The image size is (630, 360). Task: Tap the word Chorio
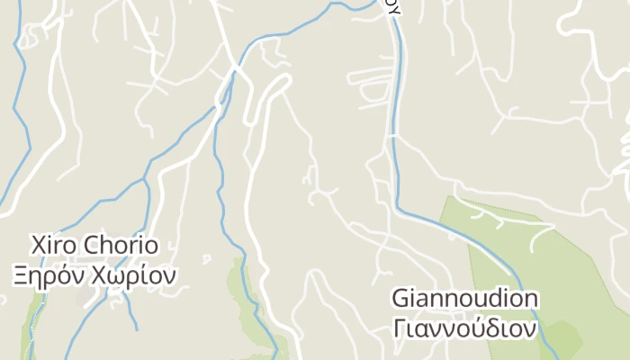[122, 245]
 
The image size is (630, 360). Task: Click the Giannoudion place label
[465, 299]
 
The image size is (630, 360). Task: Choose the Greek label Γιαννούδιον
[465, 327]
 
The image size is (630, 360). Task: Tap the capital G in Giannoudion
[401, 299]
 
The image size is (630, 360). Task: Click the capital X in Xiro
[38, 245]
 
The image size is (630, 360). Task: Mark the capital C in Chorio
[94, 245]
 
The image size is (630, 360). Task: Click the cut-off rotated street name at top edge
[391, 7]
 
